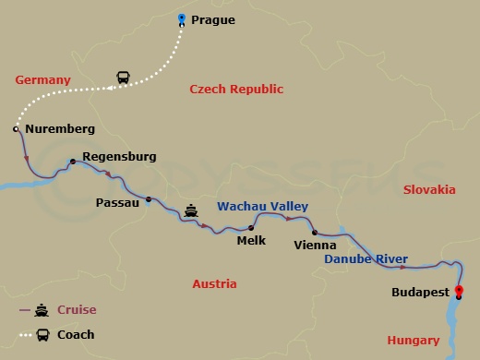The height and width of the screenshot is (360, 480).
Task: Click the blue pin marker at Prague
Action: tap(181, 18)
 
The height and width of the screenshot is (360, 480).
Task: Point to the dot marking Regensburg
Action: tap(73, 162)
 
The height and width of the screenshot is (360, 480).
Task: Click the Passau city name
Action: tap(116, 201)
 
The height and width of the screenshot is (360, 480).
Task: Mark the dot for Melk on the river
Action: tap(251, 227)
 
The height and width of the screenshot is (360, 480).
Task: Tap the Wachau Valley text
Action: tap(262, 207)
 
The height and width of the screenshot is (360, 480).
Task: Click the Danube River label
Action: tap(366, 261)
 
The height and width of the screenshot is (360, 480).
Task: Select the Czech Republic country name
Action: tap(236, 90)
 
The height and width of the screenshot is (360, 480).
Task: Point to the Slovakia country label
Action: tap(429, 189)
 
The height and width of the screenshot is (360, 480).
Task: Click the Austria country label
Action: tap(214, 284)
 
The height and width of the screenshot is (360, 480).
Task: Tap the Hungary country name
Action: tap(413, 341)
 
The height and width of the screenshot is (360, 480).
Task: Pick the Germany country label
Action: tap(42, 80)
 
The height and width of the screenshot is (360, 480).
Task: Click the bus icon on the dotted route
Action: tap(122, 77)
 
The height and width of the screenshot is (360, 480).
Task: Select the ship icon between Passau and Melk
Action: tap(191, 210)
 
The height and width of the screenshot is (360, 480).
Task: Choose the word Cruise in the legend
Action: tap(77, 310)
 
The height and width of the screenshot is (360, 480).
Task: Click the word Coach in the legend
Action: tap(76, 334)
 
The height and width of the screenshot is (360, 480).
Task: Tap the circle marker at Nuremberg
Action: tap(16, 129)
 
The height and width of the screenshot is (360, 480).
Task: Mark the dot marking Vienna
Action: tap(314, 233)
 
